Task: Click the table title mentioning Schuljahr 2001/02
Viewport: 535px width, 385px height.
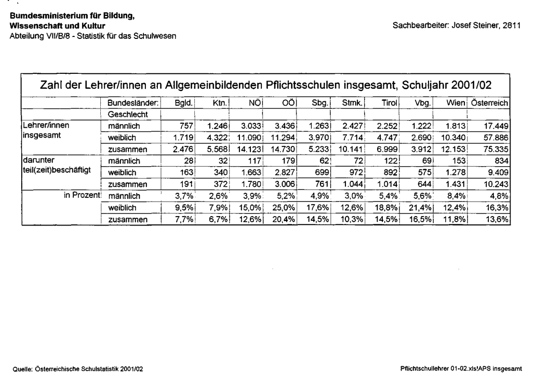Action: pyautogui.click(x=265, y=85)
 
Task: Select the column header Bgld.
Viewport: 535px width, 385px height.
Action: pyautogui.click(x=185, y=103)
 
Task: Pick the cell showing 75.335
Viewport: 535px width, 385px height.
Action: pyautogui.click(x=496, y=150)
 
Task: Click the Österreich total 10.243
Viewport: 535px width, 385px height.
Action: pyautogui.click(x=496, y=185)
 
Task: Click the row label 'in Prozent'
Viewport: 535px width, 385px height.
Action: pyautogui.click(x=83, y=196)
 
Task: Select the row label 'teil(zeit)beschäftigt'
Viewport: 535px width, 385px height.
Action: pyautogui.click(x=53, y=173)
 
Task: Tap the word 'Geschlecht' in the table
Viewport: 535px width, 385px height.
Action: pyautogui.click(x=128, y=114)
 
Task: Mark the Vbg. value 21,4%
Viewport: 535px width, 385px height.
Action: pyautogui.click(x=422, y=208)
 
